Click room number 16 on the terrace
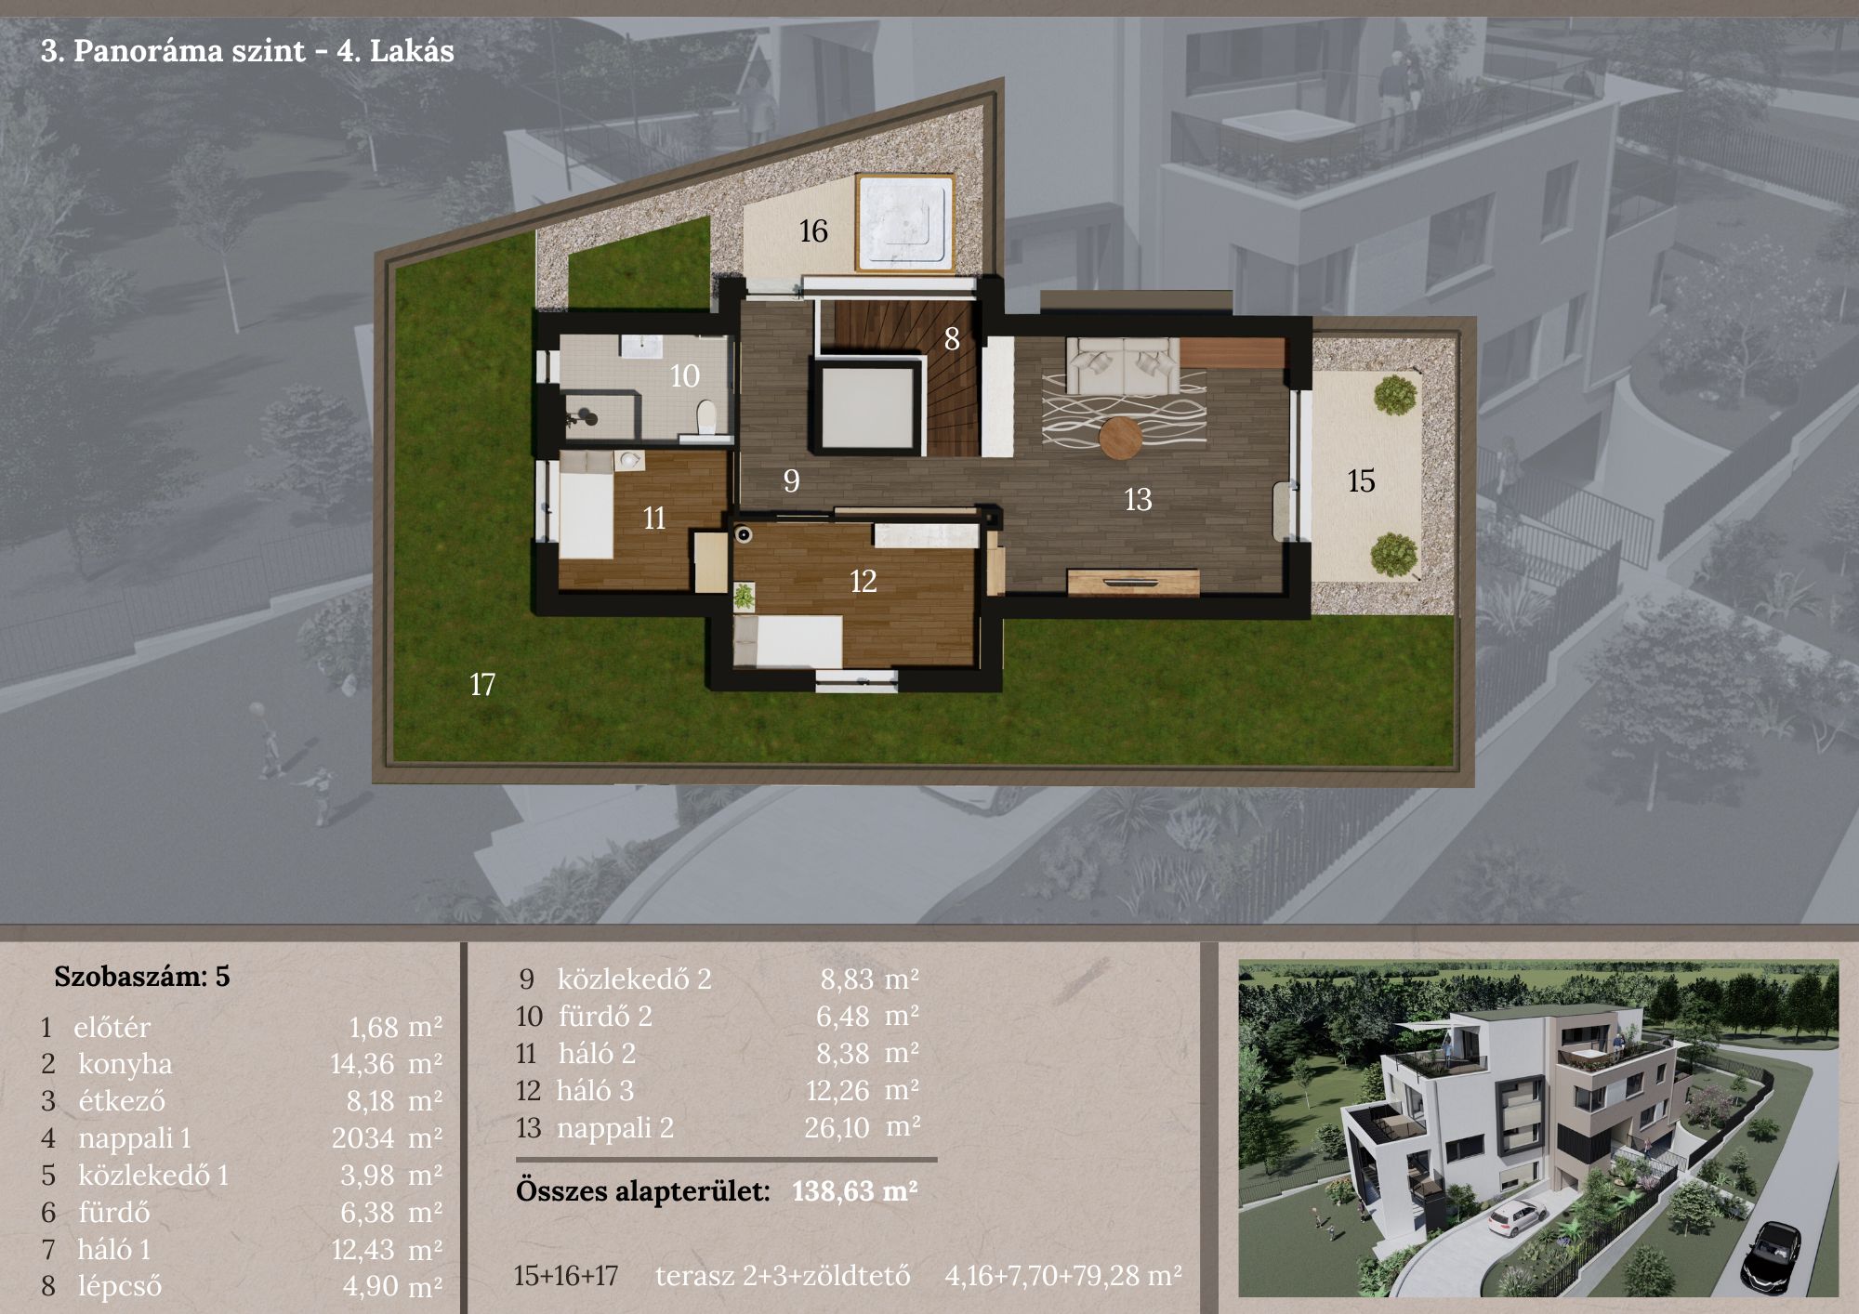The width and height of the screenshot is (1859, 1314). coord(813,231)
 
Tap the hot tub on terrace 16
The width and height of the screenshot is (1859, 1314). coord(905,223)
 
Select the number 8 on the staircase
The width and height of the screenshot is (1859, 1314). coord(952,339)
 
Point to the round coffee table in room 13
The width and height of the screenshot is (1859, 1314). coord(1120,439)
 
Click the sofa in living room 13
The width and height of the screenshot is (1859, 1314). coord(1123,366)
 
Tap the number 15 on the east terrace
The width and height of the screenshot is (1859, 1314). coord(1361,480)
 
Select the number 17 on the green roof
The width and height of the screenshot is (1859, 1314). coord(482,685)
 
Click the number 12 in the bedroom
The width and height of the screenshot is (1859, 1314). coord(864,582)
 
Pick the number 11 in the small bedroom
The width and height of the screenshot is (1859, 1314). coord(654,519)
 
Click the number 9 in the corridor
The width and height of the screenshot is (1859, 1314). coord(791,481)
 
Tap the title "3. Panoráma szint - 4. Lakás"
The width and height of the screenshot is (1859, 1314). coord(247,50)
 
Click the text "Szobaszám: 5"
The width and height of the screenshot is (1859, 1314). coord(141,977)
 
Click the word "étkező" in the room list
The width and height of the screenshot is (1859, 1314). coord(121,1101)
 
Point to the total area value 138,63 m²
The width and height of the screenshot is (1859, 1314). coord(855,1191)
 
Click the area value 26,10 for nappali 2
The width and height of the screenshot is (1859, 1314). coord(837,1128)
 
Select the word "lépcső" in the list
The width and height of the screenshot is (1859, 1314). coord(120,1287)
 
